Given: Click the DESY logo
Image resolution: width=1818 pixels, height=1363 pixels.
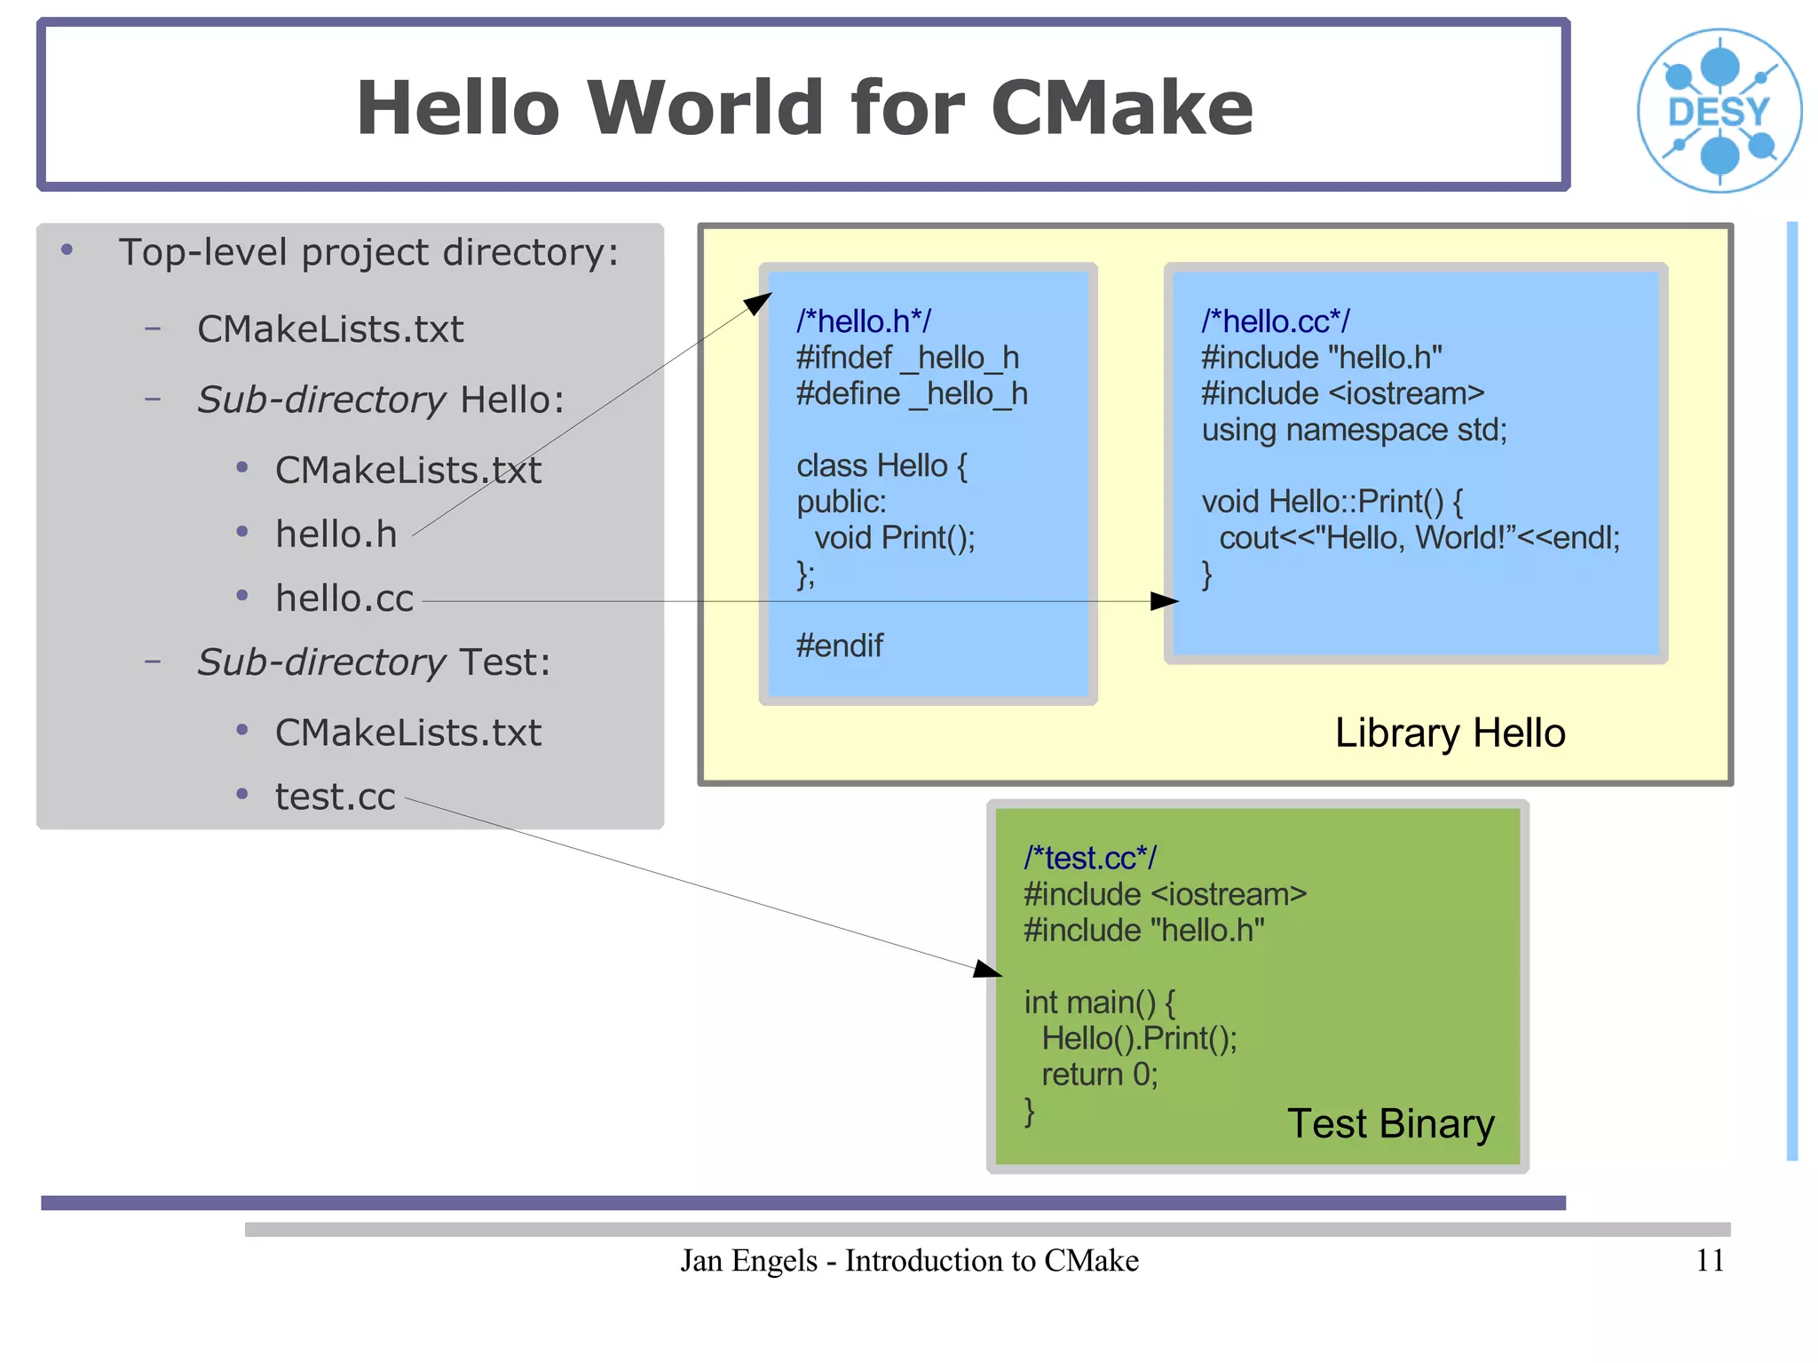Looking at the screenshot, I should [1719, 111].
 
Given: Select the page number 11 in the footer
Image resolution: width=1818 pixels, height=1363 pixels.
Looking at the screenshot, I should [1710, 1260].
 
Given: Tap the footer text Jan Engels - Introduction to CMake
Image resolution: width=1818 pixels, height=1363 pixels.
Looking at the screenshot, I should [909, 1260].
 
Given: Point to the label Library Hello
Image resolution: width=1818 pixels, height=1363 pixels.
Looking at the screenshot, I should [1450, 733].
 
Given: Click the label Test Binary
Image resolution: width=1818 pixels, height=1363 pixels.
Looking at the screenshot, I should [1390, 1123].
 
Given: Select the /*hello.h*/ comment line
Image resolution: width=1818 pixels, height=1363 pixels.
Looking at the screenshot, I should [863, 321].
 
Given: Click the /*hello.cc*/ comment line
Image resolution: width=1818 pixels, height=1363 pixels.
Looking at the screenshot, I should [1275, 321].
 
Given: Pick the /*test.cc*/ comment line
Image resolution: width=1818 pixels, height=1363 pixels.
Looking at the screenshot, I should [1090, 858].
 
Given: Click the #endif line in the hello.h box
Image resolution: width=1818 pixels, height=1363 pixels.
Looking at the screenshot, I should [839, 646].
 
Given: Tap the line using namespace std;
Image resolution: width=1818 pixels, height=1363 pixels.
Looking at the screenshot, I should [1354, 430].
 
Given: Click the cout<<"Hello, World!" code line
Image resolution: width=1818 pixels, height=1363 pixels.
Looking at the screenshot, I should [1419, 538].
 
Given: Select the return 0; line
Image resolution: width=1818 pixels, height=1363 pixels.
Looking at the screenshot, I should [1099, 1074].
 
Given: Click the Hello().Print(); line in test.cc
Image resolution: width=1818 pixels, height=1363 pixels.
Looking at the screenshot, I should [1139, 1038].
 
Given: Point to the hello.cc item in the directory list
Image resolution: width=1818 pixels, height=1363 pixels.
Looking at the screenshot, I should [344, 598].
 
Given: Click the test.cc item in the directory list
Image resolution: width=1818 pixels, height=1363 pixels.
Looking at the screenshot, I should [335, 796].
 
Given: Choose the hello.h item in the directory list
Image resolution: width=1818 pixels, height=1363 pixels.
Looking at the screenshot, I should [336, 535].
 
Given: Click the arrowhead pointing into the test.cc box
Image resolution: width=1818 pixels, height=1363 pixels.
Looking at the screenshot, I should [987, 969].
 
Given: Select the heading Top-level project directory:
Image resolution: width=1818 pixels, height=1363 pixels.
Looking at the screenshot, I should [368, 252].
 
